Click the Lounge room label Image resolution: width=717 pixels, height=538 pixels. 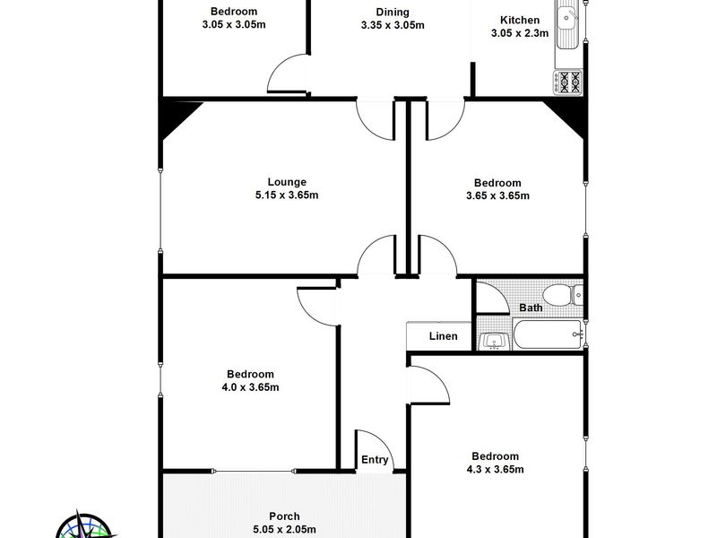(287, 182)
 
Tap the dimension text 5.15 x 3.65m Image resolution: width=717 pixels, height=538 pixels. (287, 195)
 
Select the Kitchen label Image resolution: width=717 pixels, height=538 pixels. (520, 20)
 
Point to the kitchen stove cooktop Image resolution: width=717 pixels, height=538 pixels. (568, 82)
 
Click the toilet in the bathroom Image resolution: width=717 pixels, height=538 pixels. (563, 295)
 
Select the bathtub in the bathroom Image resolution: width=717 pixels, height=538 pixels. (549, 334)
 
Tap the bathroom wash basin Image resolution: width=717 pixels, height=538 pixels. (494, 341)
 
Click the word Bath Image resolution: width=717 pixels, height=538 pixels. (531, 308)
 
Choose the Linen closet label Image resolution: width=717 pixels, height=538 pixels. (443, 336)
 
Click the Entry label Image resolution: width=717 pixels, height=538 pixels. (375, 460)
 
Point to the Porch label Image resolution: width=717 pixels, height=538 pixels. (284, 516)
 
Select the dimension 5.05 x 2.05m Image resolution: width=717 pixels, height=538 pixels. (284, 530)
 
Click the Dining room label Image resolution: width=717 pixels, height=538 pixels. (393, 13)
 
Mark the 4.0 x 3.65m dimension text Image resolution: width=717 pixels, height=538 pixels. (250, 387)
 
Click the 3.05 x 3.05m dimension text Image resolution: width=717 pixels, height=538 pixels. (234, 25)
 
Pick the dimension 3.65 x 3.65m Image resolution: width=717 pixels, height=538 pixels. (497, 195)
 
